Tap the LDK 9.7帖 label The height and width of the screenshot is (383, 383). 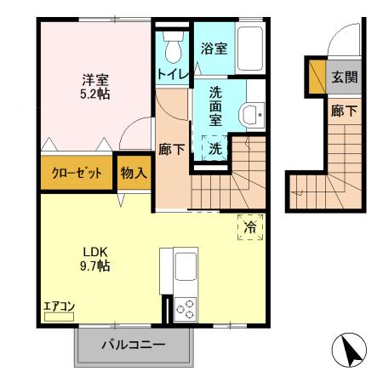click(x=94, y=259)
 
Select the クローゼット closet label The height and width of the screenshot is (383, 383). click(x=77, y=172)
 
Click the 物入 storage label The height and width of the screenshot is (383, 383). click(x=134, y=172)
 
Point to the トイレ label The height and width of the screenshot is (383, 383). click(x=171, y=74)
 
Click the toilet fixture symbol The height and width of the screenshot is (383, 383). click(x=174, y=47)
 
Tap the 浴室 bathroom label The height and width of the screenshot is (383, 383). click(x=214, y=49)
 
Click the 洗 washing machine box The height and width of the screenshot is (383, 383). click(x=216, y=148)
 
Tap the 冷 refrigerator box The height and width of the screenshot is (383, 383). click(x=250, y=227)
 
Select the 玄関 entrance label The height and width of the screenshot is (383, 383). click(x=344, y=77)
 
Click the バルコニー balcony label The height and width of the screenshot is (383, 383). click(x=133, y=346)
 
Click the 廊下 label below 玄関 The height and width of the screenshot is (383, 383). click(x=343, y=110)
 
